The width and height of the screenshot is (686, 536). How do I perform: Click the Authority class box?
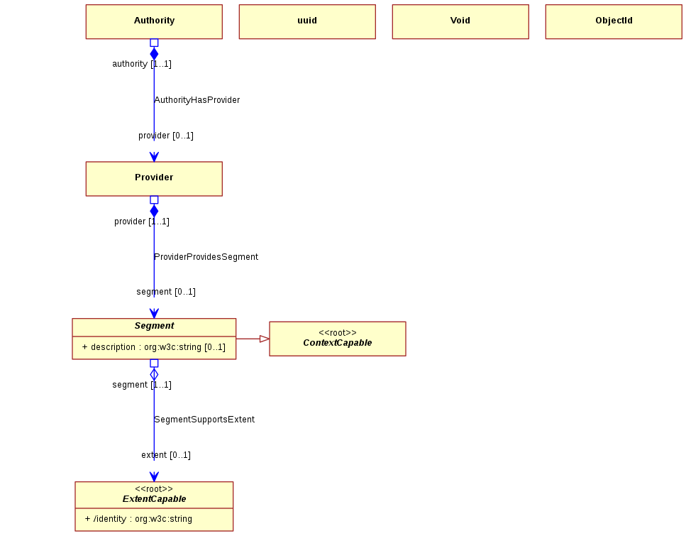154,21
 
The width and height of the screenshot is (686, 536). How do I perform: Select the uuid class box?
307,21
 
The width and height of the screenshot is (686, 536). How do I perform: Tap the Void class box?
460,21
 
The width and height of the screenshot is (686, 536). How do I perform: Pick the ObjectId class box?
614,21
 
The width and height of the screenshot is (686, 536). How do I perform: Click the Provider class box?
154,179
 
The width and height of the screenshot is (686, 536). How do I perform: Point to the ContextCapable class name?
337,343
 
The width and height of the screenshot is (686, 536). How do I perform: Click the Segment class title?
154,326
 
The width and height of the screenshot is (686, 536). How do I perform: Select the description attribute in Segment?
153,347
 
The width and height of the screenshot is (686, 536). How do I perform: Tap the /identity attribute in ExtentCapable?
138,519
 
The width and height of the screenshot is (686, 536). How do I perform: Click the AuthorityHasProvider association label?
197,100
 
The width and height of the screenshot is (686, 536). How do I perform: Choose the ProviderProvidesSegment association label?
206,256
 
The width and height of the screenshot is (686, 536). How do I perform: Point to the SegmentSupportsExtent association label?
204,420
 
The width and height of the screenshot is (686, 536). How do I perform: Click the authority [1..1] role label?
142,64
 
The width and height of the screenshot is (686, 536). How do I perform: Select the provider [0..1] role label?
166,136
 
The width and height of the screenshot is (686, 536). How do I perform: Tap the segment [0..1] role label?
166,292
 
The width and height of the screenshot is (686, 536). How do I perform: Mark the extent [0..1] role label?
166,455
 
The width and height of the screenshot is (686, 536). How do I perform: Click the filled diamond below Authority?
154,54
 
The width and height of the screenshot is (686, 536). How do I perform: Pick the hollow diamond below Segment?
154,374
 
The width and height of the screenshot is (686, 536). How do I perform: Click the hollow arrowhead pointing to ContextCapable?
264,339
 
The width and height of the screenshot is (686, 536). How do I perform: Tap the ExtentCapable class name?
154,499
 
